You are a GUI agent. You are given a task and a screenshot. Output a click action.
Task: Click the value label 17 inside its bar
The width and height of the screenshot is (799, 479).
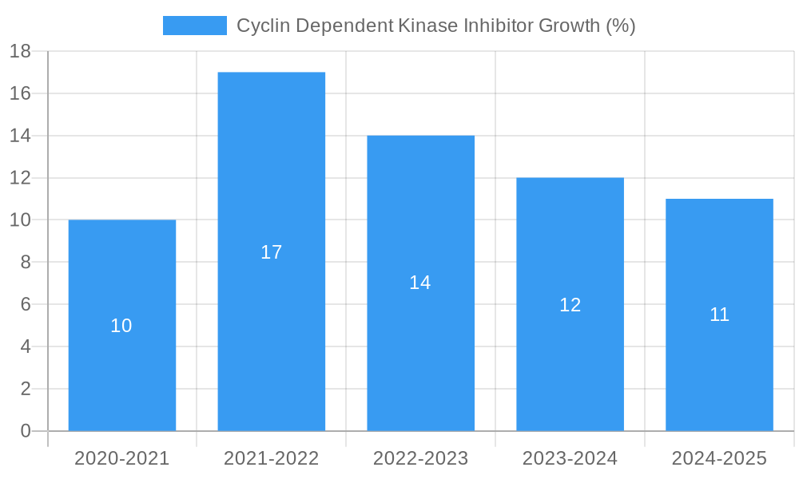point(272,252)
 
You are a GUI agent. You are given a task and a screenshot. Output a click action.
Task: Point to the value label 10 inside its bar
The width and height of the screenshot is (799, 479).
point(121,326)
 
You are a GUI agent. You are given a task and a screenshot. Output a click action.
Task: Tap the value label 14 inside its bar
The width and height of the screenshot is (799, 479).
point(420,283)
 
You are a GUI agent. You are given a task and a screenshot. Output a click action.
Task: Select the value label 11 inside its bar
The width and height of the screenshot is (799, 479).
point(719,315)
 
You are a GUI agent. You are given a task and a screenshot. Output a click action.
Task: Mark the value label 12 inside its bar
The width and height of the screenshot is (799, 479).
point(570,305)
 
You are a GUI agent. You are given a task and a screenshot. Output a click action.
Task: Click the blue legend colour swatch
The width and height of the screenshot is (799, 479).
point(195,26)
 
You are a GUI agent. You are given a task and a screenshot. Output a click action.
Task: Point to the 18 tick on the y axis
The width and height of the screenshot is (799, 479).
point(20,52)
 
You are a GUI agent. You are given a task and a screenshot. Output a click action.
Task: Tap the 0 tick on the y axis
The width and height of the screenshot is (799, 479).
point(26,431)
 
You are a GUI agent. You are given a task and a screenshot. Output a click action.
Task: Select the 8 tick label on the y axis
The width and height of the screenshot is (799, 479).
point(26,263)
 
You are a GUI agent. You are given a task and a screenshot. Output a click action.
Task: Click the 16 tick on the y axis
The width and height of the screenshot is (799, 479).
point(20,93)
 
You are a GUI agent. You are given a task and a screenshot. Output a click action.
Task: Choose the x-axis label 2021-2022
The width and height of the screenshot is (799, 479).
point(272,458)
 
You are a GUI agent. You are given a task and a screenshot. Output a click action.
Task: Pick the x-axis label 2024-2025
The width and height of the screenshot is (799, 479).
point(719,458)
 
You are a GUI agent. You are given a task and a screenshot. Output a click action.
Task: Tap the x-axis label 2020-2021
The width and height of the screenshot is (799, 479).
point(122,458)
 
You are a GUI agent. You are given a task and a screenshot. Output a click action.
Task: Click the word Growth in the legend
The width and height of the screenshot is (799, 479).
point(570,26)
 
